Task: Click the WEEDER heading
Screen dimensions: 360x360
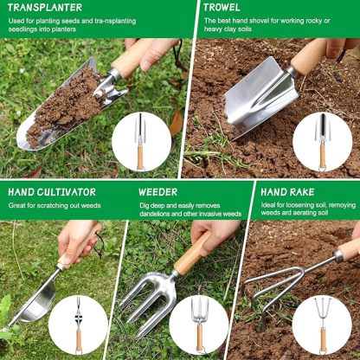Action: [x=157, y=191]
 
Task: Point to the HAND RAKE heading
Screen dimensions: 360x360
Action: [x=286, y=191]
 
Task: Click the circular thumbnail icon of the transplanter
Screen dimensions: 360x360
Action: [x=142, y=142]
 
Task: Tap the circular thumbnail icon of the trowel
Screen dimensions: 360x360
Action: [x=322, y=142]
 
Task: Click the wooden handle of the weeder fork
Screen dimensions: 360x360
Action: [x=192, y=254]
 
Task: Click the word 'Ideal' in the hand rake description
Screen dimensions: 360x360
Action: [x=270, y=205]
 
